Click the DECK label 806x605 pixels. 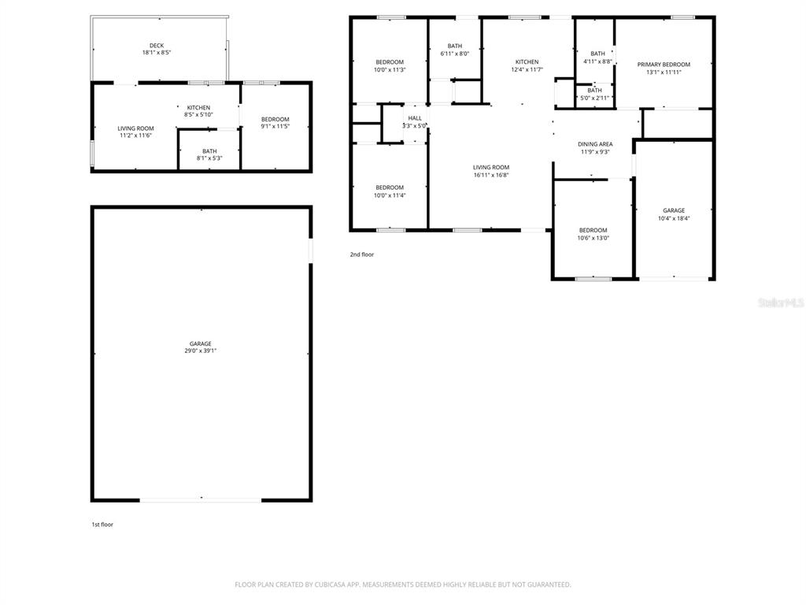coord(157,46)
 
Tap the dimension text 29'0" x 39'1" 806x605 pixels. coord(200,351)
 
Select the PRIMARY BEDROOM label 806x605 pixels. coord(664,65)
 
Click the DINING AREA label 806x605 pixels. coord(595,144)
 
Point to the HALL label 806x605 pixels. coord(415,118)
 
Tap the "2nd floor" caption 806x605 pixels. coord(362,254)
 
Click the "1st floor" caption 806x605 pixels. coord(102,524)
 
